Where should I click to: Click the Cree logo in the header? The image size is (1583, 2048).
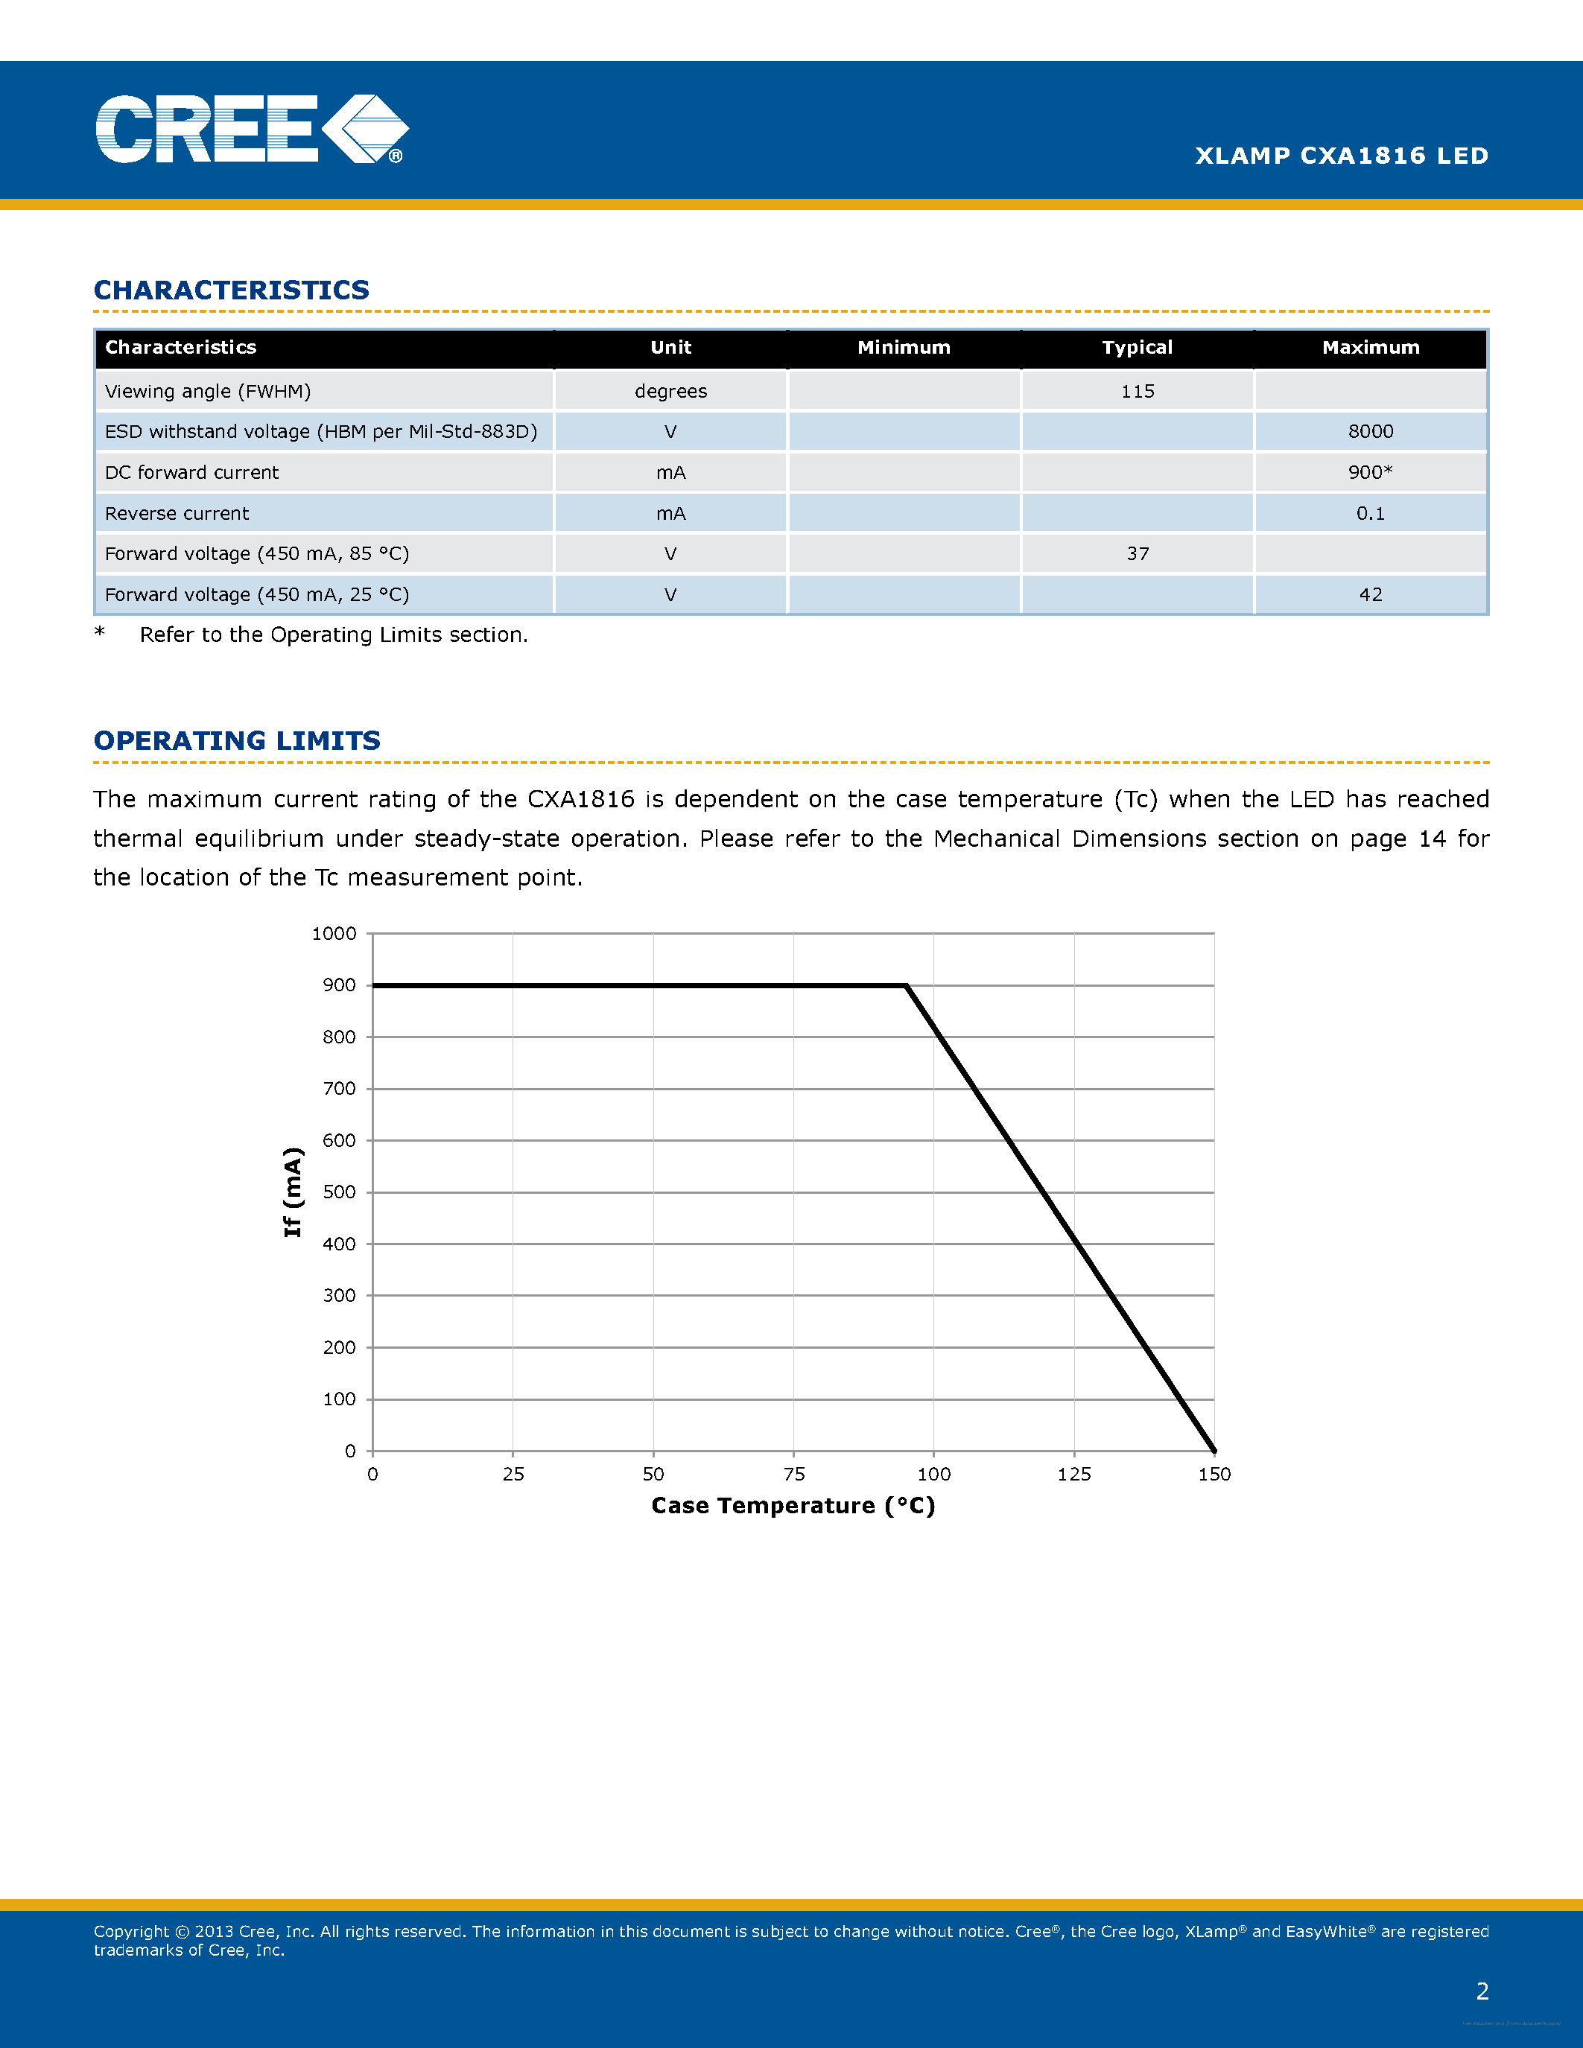[x=251, y=130]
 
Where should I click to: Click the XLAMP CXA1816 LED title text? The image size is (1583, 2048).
[x=1341, y=156]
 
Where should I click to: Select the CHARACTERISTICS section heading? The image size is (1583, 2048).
[x=232, y=290]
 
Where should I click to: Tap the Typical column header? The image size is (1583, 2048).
[x=1137, y=348]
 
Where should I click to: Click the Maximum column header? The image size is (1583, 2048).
[x=1370, y=348]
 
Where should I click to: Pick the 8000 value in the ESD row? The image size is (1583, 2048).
[x=1370, y=431]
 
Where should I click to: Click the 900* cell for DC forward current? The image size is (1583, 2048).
[x=1370, y=473]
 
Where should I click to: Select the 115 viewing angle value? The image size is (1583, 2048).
[x=1137, y=391]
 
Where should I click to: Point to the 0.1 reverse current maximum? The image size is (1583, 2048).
[x=1370, y=514]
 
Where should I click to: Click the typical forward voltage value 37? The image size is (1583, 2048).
[x=1137, y=554]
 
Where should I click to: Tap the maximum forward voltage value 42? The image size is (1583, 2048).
[x=1370, y=594]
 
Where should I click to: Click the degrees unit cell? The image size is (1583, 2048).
[x=670, y=391]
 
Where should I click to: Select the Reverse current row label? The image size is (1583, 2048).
[x=177, y=514]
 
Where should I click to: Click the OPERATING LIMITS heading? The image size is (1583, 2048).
[x=237, y=741]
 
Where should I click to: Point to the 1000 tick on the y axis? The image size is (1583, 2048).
[x=334, y=934]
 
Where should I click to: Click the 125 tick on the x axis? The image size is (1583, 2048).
[x=1073, y=1474]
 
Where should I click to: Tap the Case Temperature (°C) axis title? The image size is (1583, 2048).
[x=793, y=1506]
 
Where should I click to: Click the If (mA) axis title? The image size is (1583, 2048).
[x=293, y=1192]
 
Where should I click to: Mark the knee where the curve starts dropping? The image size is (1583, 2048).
[x=906, y=985]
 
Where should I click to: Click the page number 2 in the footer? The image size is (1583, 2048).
[x=1482, y=1991]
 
